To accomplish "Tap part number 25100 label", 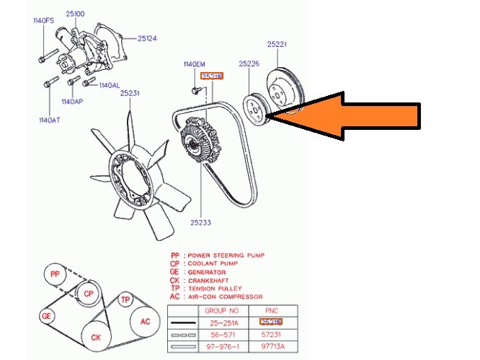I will tap(74, 14).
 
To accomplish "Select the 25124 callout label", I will tap(147, 38).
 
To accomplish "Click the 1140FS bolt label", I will tap(43, 21).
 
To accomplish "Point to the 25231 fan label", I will tap(130, 93).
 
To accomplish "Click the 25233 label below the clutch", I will tap(201, 223).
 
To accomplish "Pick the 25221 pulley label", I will tap(277, 44).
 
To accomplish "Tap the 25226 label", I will tap(249, 64).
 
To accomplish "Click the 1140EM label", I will tap(194, 64).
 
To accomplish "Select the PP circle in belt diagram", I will tap(54, 275).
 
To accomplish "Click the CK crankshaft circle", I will tap(95, 336).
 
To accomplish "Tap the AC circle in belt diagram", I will tap(145, 322).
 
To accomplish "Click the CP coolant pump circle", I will tap(88, 294).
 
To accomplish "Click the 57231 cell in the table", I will tap(271, 334).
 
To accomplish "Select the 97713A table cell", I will tap(271, 346).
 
